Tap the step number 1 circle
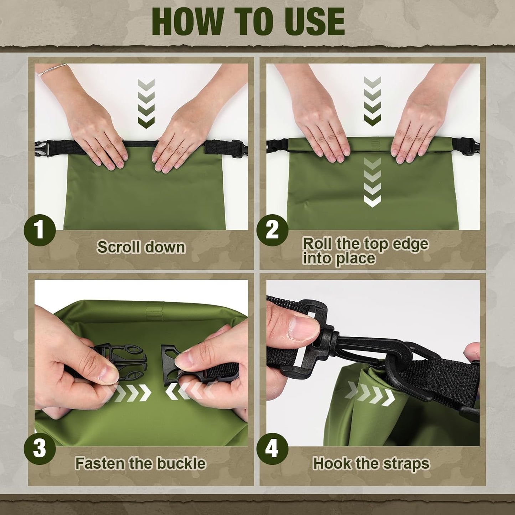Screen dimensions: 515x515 (40, 230)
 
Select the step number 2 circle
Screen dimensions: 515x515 (272, 230)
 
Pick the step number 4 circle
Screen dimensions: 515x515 (272, 448)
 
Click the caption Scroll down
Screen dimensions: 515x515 (141, 247)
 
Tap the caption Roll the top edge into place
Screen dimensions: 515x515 (365, 251)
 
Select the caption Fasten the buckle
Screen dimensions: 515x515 (140, 463)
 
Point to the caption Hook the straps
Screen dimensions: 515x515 (371, 463)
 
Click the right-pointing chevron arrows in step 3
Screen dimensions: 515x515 (132, 392)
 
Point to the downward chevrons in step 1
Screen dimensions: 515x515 (146, 103)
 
